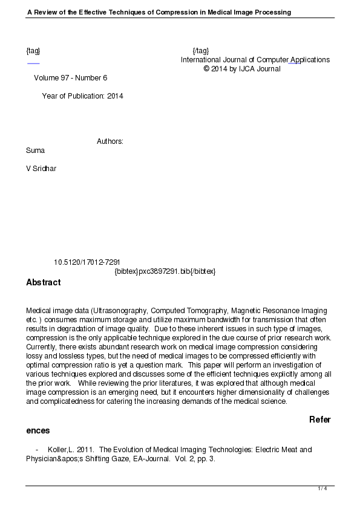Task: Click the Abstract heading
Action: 44,282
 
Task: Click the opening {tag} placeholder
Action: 33,51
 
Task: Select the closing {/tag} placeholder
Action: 200,51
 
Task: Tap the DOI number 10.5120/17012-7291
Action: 87,262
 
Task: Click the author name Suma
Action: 35,150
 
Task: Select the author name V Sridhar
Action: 41,169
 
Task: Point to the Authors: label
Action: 110,141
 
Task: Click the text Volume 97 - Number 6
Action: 70,78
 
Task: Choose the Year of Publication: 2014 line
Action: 82,96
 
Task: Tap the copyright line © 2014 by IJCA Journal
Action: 242,69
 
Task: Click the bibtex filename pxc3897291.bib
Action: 164,271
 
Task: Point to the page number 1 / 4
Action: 322,488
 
